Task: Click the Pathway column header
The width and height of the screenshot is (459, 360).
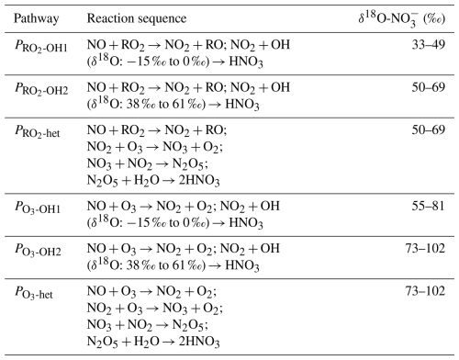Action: pyautogui.click(x=36, y=18)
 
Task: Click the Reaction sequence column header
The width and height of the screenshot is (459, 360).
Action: pyautogui.click(x=137, y=18)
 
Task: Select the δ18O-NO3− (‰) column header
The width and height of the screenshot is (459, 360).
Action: pyautogui.click(x=402, y=19)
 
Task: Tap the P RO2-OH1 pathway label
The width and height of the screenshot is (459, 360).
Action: pyautogui.click(x=41, y=46)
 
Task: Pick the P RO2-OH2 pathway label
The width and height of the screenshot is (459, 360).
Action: pyautogui.click(x=41, y=89)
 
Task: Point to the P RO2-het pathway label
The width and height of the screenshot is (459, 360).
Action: pyautogui.click(x=38, y=131)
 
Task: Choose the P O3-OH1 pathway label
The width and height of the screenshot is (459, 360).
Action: pyautogui.click(x=38, y=208)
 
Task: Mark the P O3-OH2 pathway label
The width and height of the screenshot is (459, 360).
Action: pyautogui.click(x=38, y=250)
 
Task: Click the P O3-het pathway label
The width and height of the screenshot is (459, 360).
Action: pyautogui.click(x=34, y=292)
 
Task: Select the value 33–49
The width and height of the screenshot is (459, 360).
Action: pyautogui.click(x=428, y=45)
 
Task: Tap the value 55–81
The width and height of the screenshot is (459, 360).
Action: pyautogui.click(x=428, y=206)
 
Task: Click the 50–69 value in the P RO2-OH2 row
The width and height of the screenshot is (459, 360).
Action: pyautogui.click(x=428, y=87)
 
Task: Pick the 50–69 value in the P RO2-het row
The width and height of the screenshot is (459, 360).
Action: pyautogui.click(x=428, y=129)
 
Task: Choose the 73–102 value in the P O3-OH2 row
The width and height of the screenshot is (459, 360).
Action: pyautogui.click(x=425, y=248)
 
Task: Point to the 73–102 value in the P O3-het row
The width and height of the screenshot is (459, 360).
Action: pyautogui.click(x=425, y=291)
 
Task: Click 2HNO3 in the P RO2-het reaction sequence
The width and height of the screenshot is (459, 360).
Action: pyautogui.click(x=199, y=181)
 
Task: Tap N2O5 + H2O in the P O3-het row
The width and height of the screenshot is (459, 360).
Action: pyautogui.click(x=123, y=342)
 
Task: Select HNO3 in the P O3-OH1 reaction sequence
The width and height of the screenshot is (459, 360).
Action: pyautogui.click(x=246, y=223)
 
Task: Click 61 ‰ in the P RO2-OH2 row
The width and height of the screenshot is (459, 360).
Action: pyautogui.click(x=188, y=104)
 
